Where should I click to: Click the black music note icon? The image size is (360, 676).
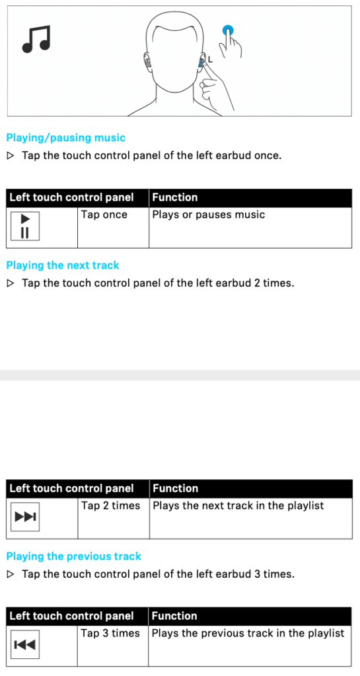pyautogui.click(x=36, y=38)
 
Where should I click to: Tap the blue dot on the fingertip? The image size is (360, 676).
pyautogui.click(x=228, y=30)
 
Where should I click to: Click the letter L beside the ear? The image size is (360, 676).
pyautogui.click(x=211, y=59)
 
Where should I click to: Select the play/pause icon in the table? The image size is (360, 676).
pyautogui.click(x=25, y=226)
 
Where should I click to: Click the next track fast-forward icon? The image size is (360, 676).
pyautogui.click(x=25, y=516)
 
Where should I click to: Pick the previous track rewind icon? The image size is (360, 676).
pyautogui.click(x=25, y=644)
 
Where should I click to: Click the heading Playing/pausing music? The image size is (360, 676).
pyautogui.click(x=65, y=138)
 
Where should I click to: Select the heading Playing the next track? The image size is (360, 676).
pyautogui.click(x=63, y=265)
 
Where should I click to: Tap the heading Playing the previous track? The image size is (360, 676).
pyautogui.click(x=74, y=556)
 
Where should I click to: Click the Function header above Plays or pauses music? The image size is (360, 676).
pyautogui.click(x=174, y=197)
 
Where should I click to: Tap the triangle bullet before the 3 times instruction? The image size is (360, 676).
pyautogui.click(x=11, y=574)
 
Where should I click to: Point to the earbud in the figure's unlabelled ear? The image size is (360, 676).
pyautogui.click(x=148, y=63)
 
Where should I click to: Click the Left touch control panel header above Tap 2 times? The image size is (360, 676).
pyautogui.click(x=71, y=489)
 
